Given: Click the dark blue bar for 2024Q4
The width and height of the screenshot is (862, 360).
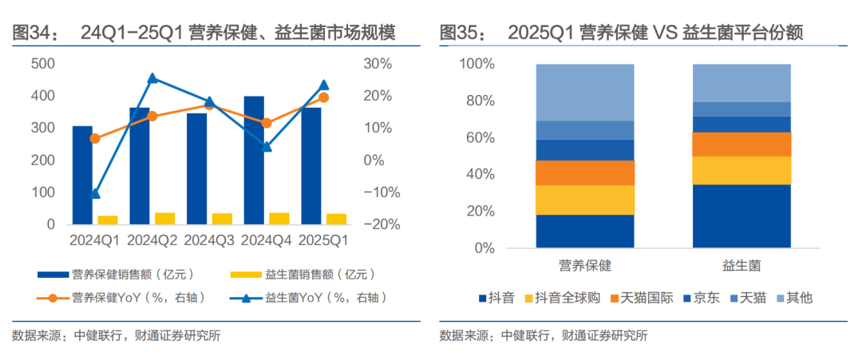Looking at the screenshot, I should pos(254,160).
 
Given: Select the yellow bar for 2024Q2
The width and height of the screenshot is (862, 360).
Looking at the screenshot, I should pos(164,218).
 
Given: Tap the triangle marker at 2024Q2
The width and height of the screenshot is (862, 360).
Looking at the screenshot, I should pos(152,78).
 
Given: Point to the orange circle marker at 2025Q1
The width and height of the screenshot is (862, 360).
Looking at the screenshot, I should pos(323,97).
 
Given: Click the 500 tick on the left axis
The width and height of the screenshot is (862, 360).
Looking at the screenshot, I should pos(43,64).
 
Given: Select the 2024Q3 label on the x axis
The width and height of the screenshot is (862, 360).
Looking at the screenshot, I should pos(209,239).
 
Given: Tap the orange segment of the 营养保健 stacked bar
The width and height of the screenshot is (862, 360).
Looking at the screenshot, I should pos(584,172).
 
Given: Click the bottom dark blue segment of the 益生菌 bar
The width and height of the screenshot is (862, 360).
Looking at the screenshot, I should pos(741,216).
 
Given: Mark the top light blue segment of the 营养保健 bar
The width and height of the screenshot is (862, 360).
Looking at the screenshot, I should pos(584,92).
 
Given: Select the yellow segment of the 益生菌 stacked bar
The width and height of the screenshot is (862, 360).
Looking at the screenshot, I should pos(741,170).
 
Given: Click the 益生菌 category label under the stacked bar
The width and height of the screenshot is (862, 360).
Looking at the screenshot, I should pos(741,264).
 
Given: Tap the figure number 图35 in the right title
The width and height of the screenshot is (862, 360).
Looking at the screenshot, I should pos(461,33).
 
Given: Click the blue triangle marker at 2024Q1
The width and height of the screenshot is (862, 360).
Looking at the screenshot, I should pos(96,193).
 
